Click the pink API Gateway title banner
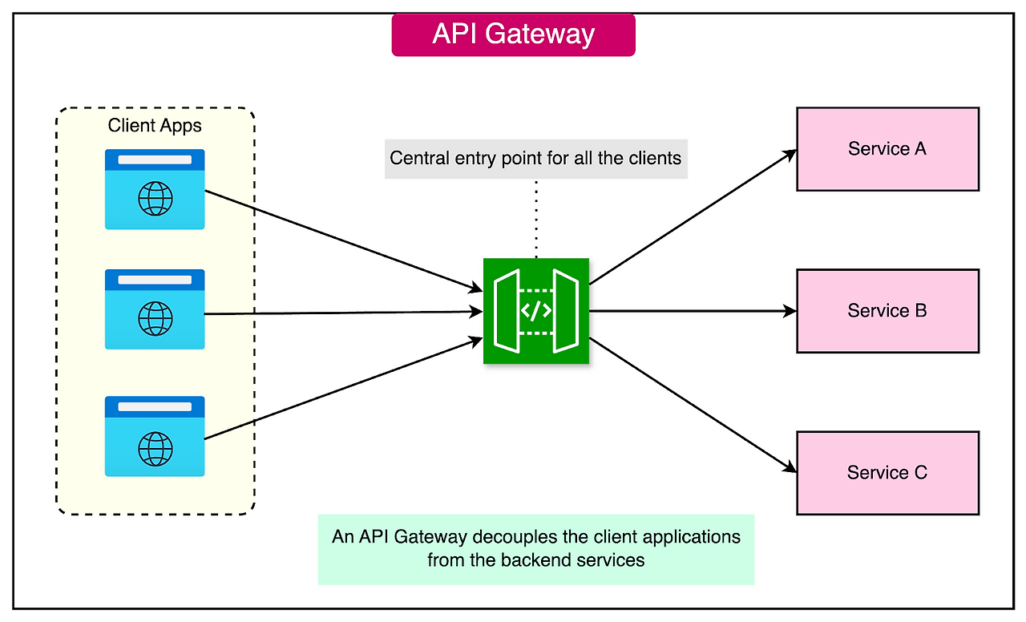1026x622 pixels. click(x=513, y=34)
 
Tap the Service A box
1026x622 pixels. click(x=887, y=149)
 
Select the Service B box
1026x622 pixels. click(x=887, y=311)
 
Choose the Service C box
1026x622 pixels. click(x=887, y=473)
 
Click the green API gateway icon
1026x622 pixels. click(x=536, y=311)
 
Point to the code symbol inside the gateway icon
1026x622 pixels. click(x=536, y=311)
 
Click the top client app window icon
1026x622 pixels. click(x=155, y=189)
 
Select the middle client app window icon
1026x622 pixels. click(x=155, y=309)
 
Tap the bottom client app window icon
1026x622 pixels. click(x=155, y=436)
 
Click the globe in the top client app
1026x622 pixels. click(x=155, y=199)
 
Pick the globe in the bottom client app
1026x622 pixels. click(x=155, y=449)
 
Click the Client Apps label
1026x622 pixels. click(x=155, y=126)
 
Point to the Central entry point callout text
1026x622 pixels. click(x=535, y=158)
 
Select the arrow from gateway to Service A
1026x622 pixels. click(x=693, y=216)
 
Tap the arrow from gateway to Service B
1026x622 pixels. click(x=693, y=311)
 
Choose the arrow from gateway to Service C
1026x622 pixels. click(x=693, y=405)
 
